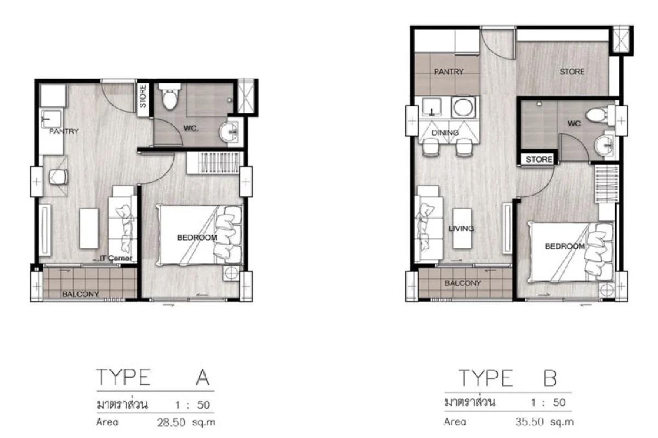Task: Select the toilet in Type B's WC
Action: coord(595,114)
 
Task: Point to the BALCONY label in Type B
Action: coord(463,283)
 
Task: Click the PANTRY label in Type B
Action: coord(449,72)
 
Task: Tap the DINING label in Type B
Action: coord(445,133)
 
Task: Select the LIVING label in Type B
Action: coord(461,228)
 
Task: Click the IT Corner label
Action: coord(116,258)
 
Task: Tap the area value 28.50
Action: coord(172,422)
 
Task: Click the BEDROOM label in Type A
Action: coord(197,238)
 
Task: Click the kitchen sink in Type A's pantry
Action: coord(53,117)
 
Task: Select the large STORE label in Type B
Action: coord(571,72)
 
